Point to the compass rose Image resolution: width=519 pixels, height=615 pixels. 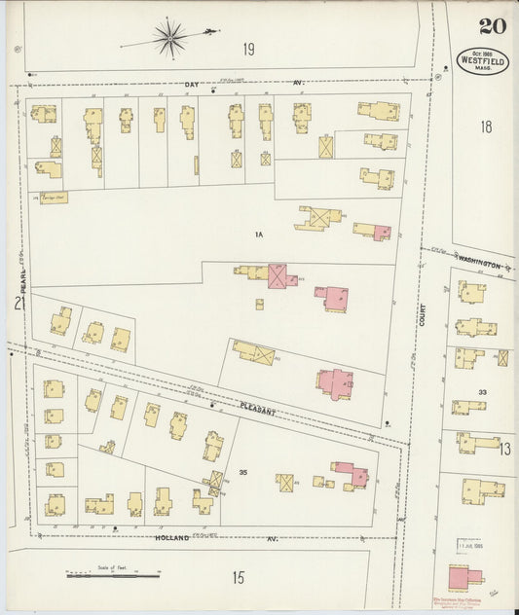(x=171, y=38)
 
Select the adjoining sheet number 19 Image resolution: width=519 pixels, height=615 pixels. (x=249, y=48)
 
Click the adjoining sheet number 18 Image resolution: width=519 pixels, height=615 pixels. (x=486, y=127)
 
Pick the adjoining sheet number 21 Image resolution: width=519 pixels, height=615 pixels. (x=19, y=304)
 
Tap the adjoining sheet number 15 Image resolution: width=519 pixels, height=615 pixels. (x=239, y=577)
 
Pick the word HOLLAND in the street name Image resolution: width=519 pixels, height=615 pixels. (x=170, y=537)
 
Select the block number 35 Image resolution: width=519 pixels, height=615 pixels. (x=244, y=473)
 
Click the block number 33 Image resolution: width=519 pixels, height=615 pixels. (x=482, y=392)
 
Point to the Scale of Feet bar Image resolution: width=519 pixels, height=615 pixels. (x=113, y=575)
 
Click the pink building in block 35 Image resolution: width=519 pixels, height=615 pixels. (x=351, y=475)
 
